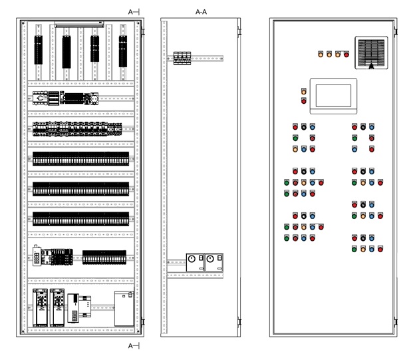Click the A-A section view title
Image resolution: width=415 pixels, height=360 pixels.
[201, 12]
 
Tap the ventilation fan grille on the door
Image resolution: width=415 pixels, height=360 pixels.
[371, 53]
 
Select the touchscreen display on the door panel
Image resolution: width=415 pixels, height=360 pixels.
[333, 96]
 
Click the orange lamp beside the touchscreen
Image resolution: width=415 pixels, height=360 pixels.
[303, 91]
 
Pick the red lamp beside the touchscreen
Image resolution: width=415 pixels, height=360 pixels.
[303, 100]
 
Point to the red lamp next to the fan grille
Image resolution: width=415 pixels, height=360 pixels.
[346, 55]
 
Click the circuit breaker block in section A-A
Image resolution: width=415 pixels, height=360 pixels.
[182, 58]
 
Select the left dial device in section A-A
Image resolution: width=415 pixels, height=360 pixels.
[195, 262]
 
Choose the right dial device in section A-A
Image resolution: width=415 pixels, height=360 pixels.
[214, 262]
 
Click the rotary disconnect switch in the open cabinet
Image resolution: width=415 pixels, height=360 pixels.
[40, 98]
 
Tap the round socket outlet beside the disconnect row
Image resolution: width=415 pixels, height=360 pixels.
[94, 98]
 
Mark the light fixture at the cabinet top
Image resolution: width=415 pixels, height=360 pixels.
[79, 25]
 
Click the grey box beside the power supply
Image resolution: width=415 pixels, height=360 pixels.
[124, 309]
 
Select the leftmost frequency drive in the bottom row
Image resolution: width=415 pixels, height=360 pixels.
[40, 307]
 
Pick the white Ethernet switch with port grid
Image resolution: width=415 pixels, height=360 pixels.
[37, 256]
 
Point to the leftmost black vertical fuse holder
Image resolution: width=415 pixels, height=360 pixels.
[39, 50]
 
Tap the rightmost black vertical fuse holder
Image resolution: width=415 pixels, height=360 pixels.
[123, 51]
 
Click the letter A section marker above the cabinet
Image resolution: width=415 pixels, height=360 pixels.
[130, 12]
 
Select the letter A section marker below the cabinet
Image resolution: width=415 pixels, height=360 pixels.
[130, 346]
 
